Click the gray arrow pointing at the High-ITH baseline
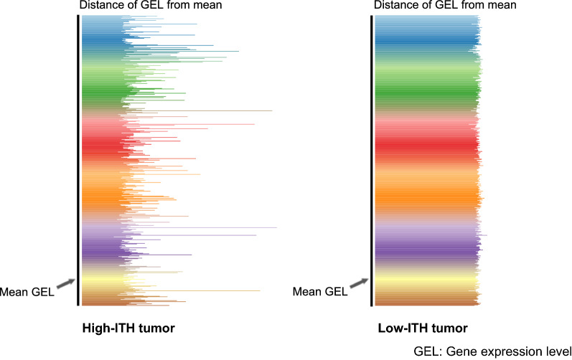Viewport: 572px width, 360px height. (65, 284)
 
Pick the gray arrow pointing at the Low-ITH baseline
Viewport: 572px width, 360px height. (359, 284)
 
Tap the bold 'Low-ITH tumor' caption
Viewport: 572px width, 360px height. (423, 328)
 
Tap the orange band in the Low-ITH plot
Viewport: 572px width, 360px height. (423, 194)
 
